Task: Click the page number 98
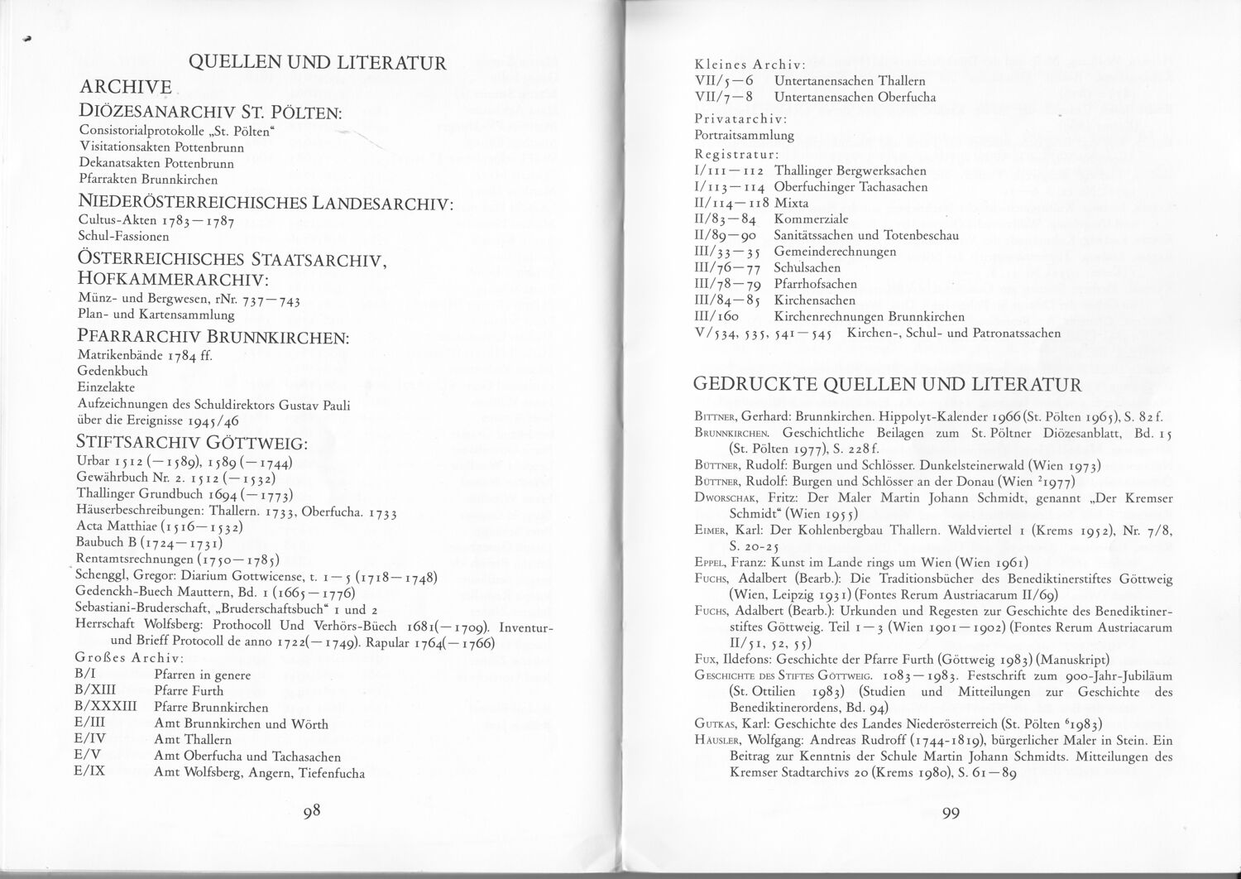point(311,811)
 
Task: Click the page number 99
point(950,813)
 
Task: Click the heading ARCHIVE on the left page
point(125,86)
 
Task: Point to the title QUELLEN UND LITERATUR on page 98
point(318,62)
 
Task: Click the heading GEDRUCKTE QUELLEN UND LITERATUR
point(887,384)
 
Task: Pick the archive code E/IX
point(88,772)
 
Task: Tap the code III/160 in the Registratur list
point(716,316)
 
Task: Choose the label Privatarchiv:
point(740,118)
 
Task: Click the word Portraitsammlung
point(745,134)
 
